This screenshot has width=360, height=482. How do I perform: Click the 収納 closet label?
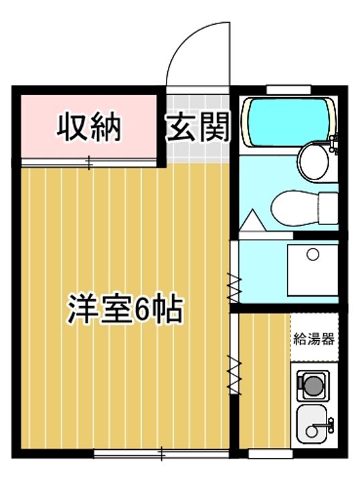[x=88, y=127]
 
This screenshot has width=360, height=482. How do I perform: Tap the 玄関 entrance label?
[x=197, y=127]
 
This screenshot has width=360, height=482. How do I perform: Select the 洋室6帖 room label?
[x=124, y=309]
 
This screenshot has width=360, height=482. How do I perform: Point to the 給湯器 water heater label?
[x=314, y=338]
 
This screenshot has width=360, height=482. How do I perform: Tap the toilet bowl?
[x=294, y=207]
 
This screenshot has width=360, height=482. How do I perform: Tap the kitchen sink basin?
[x=312, y=422]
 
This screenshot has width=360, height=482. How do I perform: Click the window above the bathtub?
[x=288, y=88]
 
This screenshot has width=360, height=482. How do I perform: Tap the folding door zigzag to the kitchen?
[x=235, y=375]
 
